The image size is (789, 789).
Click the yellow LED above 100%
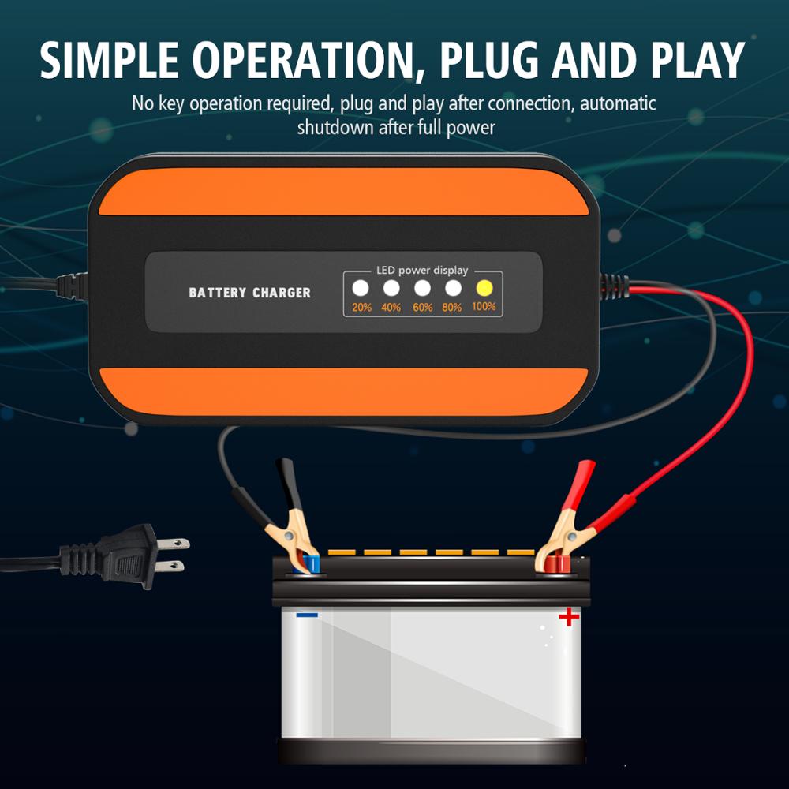coord(484,288)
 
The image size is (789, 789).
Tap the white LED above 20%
coord(361,288)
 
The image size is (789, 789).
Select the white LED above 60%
coord(423,288)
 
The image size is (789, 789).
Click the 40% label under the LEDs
coord(391,307)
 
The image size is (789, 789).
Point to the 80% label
coord(452,307)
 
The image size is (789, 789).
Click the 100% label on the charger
coord(484,306)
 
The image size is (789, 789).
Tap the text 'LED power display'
coord(422,270)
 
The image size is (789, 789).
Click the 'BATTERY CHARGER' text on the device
coord(249,293)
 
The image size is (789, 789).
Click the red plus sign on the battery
coord(568,616)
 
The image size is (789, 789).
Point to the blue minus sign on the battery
coord(307,614)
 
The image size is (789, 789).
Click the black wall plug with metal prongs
coord(130,556)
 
